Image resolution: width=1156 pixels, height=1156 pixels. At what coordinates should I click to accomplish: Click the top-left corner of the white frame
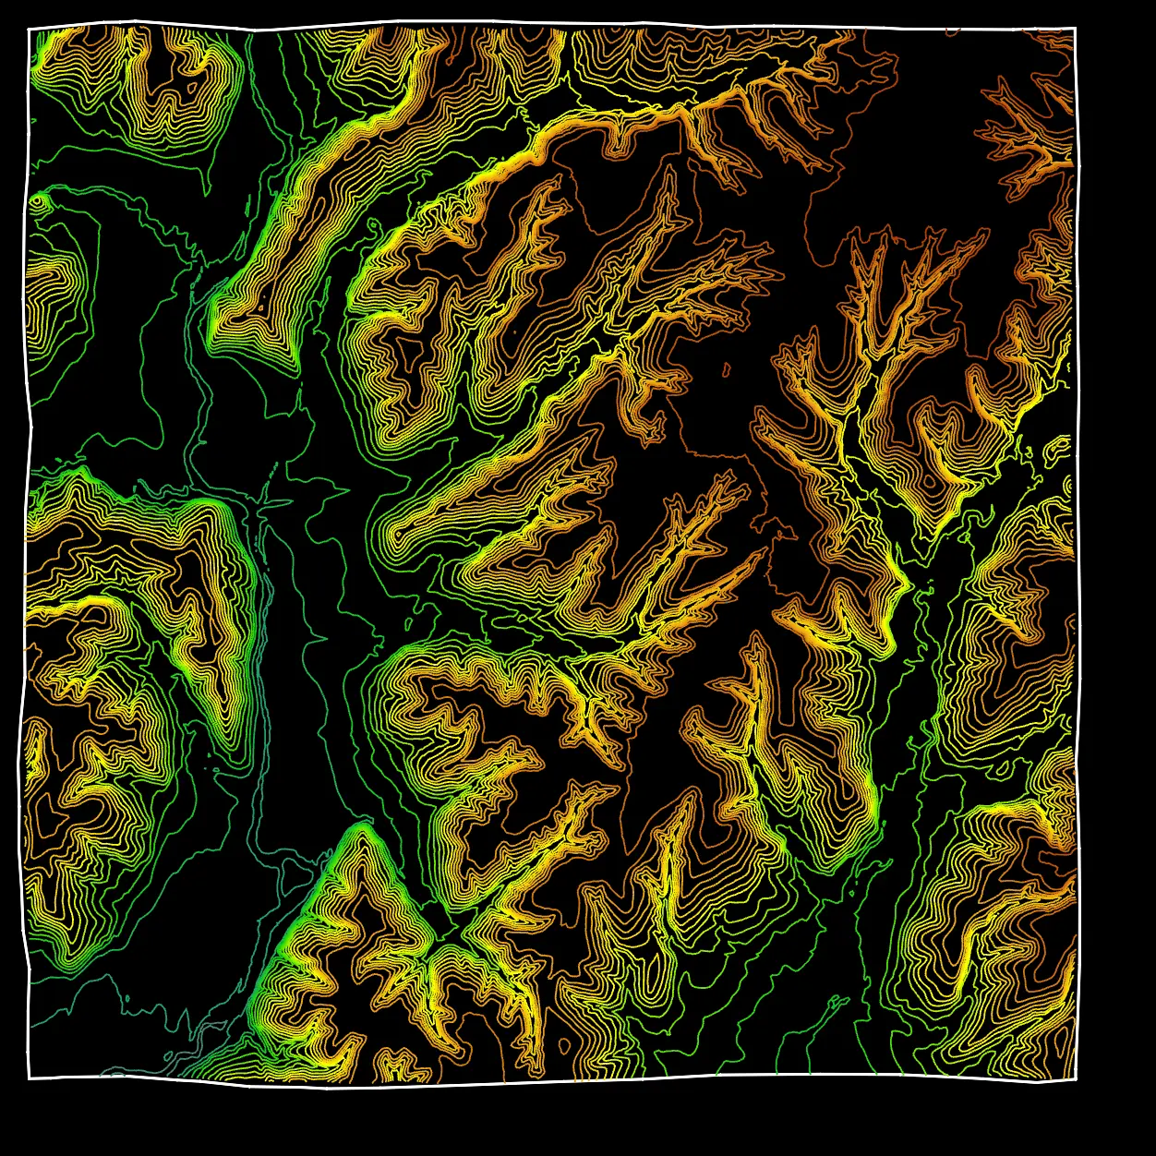(30, 29)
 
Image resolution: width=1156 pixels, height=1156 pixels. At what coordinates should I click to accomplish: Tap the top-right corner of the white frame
(1076, 29)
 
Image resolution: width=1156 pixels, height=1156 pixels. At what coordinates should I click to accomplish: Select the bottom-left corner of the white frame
(29, 1078)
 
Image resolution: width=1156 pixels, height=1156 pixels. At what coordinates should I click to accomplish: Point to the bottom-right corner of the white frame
(1077, 1078)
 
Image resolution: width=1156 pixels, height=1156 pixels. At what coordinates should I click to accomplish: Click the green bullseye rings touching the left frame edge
(38, 200)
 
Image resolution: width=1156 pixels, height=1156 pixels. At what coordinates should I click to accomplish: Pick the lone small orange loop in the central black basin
(726, 371)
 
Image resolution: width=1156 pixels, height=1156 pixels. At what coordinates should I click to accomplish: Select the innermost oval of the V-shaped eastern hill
(928, 480)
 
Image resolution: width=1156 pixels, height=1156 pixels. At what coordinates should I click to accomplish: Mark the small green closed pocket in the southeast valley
(837, 1001)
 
